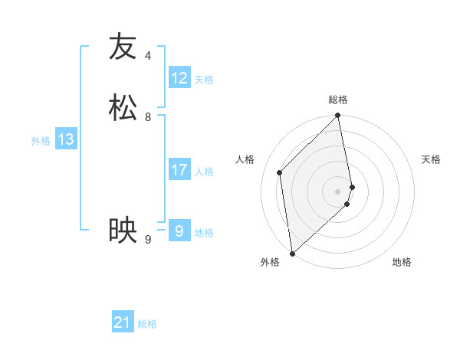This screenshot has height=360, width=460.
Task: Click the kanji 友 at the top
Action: pos(123,47)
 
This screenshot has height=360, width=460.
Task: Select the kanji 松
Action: pos(123,108)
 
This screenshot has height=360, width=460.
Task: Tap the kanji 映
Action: pos(123,231)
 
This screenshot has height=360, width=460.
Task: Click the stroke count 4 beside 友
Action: pos(148,56)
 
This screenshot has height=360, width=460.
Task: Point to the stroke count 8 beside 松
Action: pos(148,117)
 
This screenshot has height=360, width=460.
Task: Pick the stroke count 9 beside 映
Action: pos(148,240)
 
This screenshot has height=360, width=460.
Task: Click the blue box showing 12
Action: pos(179,78)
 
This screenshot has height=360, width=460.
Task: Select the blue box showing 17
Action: pos(179,170)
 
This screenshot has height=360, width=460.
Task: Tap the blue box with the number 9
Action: pos(179,231)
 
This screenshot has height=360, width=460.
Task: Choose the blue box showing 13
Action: pos(66,139)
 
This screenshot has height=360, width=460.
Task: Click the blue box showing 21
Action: pos(123,323)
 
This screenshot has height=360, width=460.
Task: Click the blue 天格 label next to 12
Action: pos(204,80)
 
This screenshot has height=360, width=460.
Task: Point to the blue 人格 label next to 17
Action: pos(204,172)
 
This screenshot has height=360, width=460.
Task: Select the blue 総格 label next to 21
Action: pos(147,325)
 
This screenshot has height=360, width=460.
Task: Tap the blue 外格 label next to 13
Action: pos(41,141)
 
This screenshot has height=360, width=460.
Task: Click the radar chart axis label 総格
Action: pos(338,100)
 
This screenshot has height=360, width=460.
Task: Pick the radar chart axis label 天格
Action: pos(431,159)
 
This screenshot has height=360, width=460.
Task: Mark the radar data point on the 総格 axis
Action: pos(338,116)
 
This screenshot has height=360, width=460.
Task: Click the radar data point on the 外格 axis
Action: pos(291,254)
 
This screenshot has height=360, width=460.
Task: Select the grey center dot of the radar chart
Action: pos(338,191)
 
